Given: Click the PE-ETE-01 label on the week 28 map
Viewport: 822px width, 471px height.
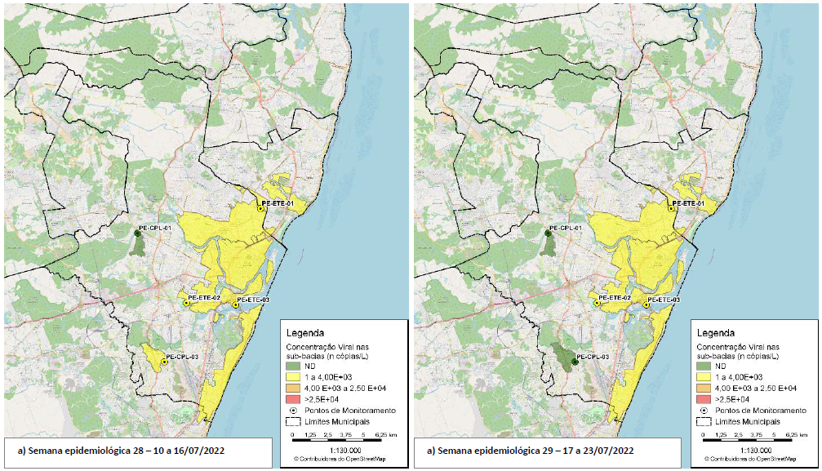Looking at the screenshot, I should click(x=278, y=202).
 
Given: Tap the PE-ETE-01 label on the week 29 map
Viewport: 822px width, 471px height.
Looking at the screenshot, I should click(x=688, y=202).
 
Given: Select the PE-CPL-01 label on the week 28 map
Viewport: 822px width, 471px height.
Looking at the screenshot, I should click(x=154, y=228).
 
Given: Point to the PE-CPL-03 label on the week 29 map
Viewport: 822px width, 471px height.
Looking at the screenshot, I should click(x=593, y=357).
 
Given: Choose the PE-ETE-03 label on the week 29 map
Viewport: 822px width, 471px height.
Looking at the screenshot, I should click(x=663, y=300).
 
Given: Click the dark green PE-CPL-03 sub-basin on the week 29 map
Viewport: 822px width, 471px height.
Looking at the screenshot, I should click(x=563, y=355).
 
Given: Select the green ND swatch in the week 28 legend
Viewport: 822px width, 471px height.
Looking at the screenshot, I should click(x=295, y=366).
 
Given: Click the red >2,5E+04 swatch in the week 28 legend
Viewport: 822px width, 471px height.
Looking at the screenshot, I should click(x=295, y=398).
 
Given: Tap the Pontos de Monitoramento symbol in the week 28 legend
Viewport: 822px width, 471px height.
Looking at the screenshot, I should click(x=295, y=410).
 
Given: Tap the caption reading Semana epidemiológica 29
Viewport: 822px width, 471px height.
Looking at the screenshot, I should click(x=530, y=451).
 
